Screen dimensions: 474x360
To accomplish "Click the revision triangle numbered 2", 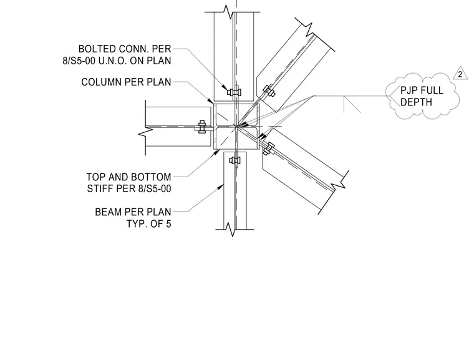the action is point(460,74).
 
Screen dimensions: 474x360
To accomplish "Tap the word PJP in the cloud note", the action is point(409,90).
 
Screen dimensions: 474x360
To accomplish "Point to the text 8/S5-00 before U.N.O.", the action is point(79,61).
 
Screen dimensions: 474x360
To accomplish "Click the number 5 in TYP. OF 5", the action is point(168,224).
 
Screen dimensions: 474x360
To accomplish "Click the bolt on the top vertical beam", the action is point(234,92).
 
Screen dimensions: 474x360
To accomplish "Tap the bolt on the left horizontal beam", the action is point(202,127).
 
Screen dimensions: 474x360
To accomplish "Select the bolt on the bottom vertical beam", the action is point(235,160).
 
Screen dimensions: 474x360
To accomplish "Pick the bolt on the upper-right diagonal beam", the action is point(268,90).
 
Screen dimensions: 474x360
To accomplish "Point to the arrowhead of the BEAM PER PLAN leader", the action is point(220,187).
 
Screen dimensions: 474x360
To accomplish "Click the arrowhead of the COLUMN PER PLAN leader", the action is point(210,100).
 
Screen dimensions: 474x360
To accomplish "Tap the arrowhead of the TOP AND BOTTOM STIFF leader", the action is point(217,152).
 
